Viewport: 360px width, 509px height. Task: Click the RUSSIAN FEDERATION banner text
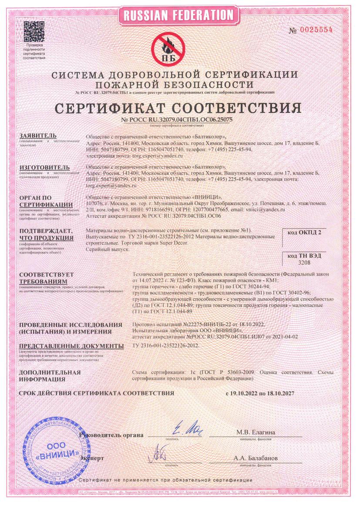179,15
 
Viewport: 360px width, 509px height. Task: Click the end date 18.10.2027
279,393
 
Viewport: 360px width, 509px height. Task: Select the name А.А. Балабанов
256,458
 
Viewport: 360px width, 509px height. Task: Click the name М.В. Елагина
256,432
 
